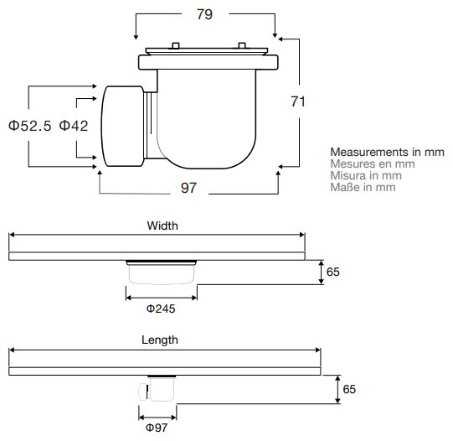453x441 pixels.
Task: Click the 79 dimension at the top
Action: [204, 14]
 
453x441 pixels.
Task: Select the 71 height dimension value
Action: [298, 101]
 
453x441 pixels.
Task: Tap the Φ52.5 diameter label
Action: [30, 126]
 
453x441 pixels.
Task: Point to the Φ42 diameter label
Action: [74, 126]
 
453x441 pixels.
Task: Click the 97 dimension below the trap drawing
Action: [188, 188]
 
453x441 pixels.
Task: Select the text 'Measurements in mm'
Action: [387, 152]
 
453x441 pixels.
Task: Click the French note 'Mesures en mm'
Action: [373, 164]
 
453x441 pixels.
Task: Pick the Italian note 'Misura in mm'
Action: [366, 175]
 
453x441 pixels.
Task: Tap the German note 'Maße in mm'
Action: [363, 187]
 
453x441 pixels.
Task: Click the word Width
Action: [162, 226]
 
